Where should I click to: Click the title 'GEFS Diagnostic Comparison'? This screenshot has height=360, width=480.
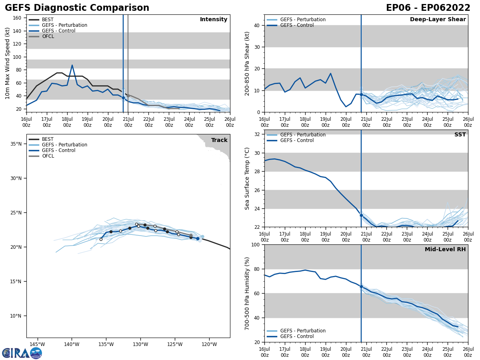(x=77, y=8)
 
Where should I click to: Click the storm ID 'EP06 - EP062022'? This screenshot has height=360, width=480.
(x=428, y=8)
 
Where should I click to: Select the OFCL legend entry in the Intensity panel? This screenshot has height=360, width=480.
(x=48, y=36)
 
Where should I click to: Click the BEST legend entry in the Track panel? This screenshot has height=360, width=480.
(x=48, y=139)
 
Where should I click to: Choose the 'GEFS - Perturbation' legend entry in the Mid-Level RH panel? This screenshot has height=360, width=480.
(x=303, y=331)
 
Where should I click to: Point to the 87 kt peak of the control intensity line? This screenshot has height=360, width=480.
(x=72, y=65)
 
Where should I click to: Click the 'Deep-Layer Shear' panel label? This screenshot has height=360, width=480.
(x=438, y=20)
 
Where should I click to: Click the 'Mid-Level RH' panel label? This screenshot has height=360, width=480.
(x=445, y=250)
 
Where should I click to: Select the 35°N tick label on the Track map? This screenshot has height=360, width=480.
(x=16, y=144)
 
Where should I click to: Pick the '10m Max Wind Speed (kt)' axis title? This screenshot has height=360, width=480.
(x=8, y=63)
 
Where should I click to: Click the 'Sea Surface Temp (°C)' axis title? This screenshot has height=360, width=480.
(x=247, y=178)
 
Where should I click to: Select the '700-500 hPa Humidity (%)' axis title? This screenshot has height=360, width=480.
(x=247, y=293)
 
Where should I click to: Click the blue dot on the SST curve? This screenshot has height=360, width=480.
(x=361, y=215)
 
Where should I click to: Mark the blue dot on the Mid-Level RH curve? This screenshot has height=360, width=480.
(x=361, y=286)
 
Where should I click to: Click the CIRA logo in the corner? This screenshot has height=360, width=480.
(x=22, y=353)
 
